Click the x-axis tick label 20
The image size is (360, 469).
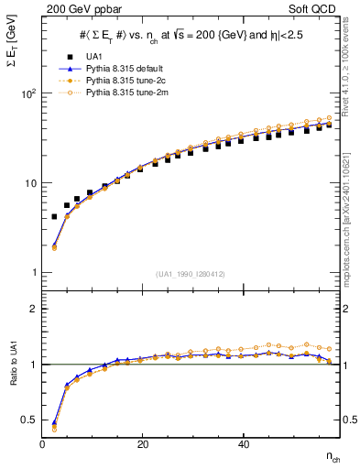click(x=142, y=444)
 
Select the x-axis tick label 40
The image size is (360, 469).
click(x=242, y=444)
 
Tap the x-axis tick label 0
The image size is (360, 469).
click(x=43, y=444)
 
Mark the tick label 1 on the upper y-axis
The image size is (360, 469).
click(x=34, y=272)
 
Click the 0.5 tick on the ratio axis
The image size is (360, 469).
click(x=30, y=420)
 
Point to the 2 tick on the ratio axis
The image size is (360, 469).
click(x=34, y=309)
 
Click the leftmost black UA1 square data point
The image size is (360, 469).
click(x=54, y=216)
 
